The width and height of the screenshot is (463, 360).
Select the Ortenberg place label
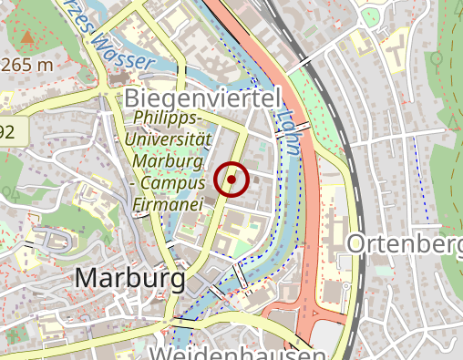coord(405,244)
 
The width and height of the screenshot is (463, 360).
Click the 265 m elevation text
coord(27,65)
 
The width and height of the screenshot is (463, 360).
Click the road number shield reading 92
coord(7,132)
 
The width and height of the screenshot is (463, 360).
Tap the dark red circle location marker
coord(232,180)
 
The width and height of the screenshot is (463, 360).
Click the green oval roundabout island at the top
coord(370,17)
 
